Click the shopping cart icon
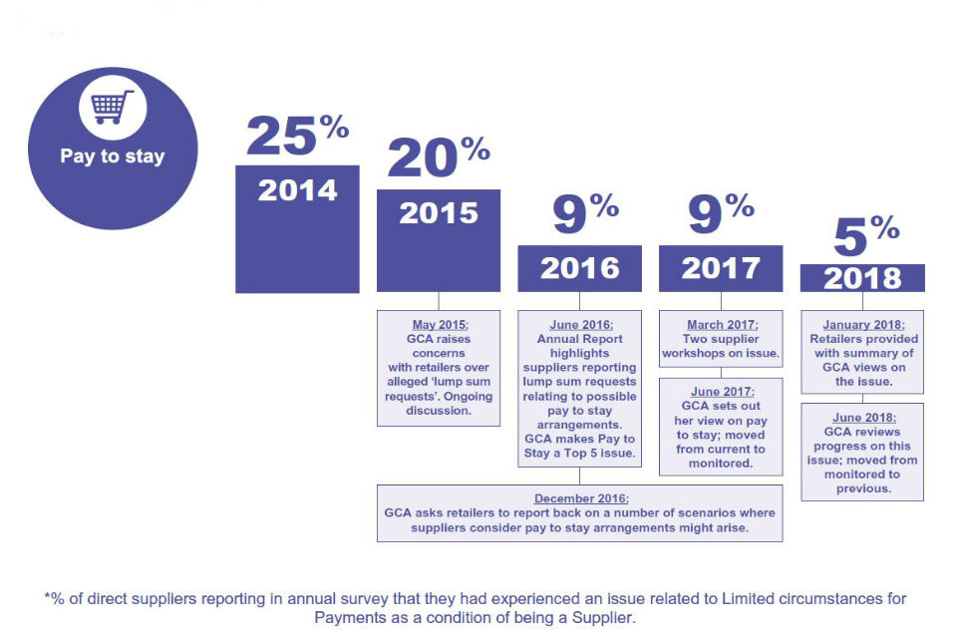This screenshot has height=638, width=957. pyautogui.click(x=113, y=107)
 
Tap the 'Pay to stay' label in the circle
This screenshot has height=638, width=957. pyautogui.click(x=112, y=157)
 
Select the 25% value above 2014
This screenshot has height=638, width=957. pyautogui.click(x=297, y=135)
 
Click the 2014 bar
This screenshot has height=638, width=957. pyautogui.click(x=297, y=228)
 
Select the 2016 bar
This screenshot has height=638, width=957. pyautogui.click(x=579, y=268)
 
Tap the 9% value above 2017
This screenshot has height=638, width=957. pyautogui.click(x=722, y=213)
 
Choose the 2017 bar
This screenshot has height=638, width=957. pyautogui.click(x=721, y=268)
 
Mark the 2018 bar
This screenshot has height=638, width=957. pyautogui.click(x=862, y=278)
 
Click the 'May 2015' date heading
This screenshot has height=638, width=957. pyautogui.click(x=440, y=325)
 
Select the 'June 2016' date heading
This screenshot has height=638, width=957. pyautogui.click(x=580, y=325)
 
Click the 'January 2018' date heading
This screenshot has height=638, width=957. pyautogui.click(x=863, y=325)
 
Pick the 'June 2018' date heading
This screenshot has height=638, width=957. pyautogui.click(x=863, y=418)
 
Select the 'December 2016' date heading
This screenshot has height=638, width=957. pyautogui.click(x=580, y=498)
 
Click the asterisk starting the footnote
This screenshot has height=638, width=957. pyautogui.click(x=48, y=599)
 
